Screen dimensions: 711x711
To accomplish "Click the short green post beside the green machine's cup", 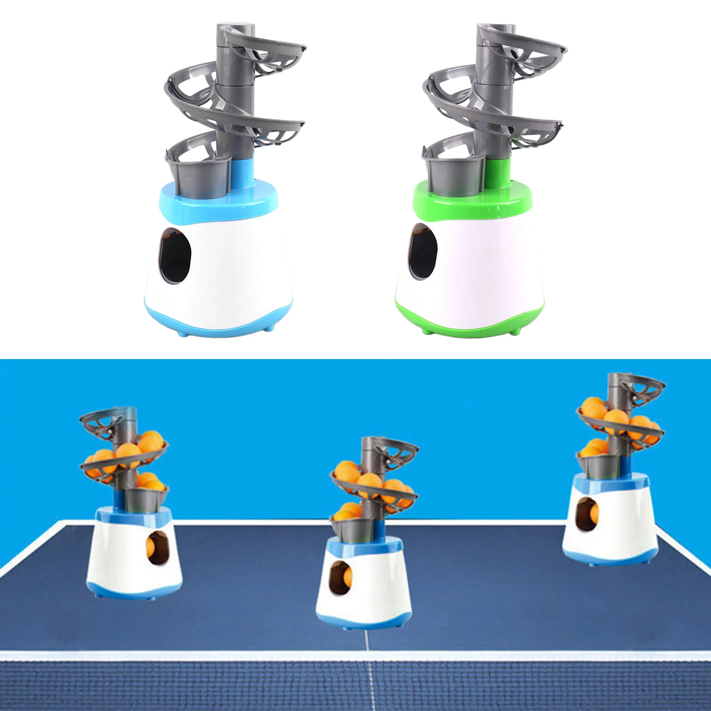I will (x=497, y=171).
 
